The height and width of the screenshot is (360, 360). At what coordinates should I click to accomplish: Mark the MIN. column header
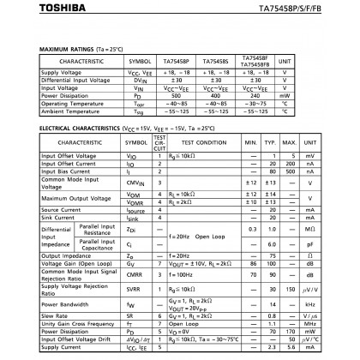click(250, 141)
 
